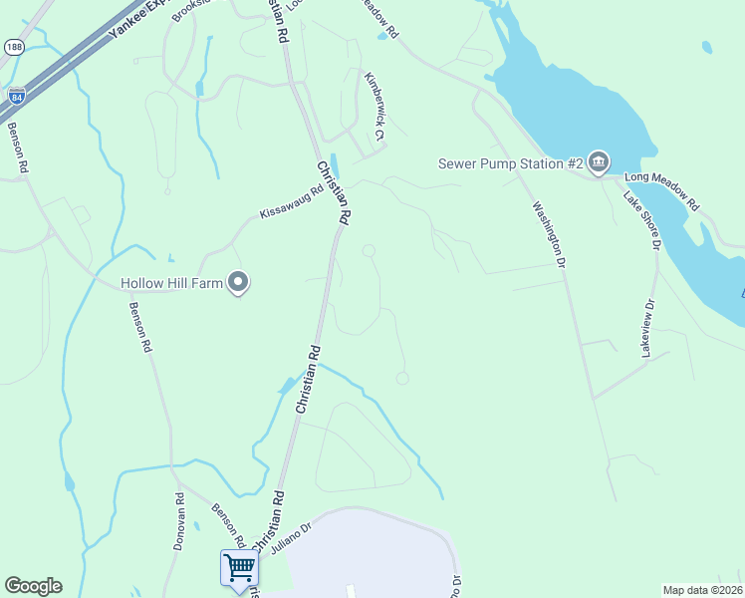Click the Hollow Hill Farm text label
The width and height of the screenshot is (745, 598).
pos(170,283)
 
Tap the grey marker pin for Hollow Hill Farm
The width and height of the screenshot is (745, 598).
pos(238,283)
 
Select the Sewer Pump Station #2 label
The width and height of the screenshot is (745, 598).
pos(510,163)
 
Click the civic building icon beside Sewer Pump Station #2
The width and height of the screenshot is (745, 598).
pos(598,162)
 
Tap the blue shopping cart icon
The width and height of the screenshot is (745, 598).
pos(239,567)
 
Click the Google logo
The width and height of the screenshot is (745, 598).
pos(33,586)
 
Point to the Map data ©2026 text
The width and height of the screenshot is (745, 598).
pos(703,590)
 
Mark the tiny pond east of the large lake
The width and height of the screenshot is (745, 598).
pos(706,47)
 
